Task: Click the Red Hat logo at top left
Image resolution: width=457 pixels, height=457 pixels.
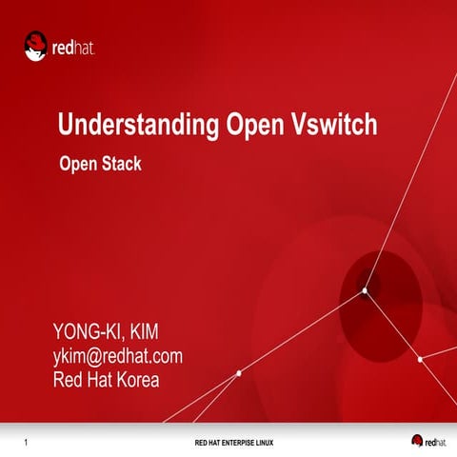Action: [x=59, y=46]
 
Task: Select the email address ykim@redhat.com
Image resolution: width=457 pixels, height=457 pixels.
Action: [x=117, y=357]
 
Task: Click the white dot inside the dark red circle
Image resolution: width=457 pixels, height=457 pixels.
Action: [x=365, y=292]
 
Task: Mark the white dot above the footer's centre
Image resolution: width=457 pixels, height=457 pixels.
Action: [x=238, y=373]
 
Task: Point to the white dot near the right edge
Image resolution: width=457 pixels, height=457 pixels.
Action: [x=419, y=360]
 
